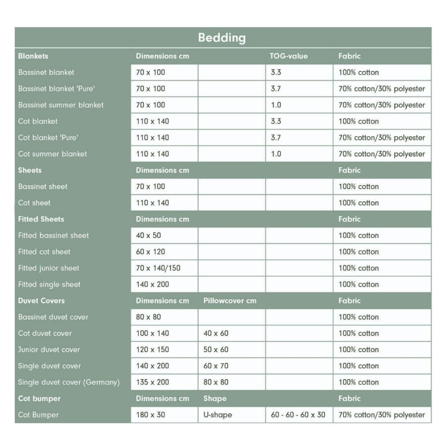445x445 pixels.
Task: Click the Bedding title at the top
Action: tap(222, 37)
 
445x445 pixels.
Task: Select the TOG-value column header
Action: tap(288, 56)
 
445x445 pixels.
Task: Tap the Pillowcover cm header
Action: tap(230, 301)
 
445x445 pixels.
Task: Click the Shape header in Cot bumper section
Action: tap(215, 399)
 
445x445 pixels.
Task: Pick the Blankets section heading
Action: tap(33, 56)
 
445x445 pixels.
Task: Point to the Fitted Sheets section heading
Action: tap(41, 219)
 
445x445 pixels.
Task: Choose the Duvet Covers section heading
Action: tap(41, 301)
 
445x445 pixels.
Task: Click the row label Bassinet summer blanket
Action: tap(61, 105)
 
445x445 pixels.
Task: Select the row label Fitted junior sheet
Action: tap(49, 268)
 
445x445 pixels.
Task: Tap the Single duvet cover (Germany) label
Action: tap(69, 382)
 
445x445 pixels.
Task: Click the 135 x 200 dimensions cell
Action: tap(153, 382)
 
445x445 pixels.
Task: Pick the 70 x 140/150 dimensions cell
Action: tap(158, 268)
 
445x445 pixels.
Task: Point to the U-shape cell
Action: tap(218, 415)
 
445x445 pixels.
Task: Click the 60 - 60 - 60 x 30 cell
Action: tap(298, 415)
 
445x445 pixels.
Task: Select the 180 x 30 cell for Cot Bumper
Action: tap(150, 415)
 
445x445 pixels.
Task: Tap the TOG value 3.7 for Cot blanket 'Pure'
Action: tap(276, 138)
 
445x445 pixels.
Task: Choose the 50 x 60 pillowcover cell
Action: tap(216, 350)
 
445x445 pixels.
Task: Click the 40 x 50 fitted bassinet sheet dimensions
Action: tap(149, 235)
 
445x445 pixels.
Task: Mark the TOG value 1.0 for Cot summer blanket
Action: tap(276, 154)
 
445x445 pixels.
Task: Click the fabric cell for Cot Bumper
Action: tap(382, 415)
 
